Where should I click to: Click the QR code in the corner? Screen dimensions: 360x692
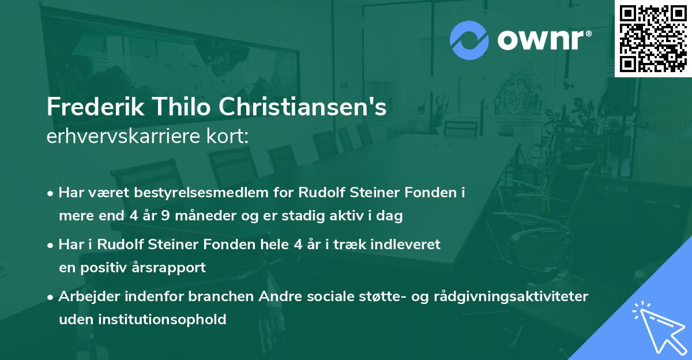point(653,38)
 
